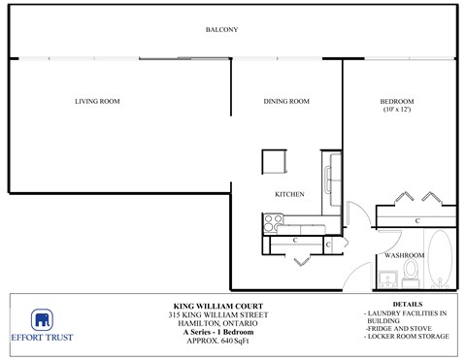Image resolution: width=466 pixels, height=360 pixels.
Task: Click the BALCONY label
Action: point(221,30)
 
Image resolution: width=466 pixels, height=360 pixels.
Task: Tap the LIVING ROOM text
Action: point(97,101)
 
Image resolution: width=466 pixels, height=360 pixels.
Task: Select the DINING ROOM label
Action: point(286,101)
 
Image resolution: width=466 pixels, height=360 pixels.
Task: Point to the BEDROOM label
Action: point(397,101)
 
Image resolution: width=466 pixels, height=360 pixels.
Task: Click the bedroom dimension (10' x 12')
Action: point(397,110)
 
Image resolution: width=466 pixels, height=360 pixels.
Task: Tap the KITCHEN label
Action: point(289,194)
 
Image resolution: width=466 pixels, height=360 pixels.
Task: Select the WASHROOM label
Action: point(403,255)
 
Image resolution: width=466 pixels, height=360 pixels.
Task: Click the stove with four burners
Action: point(272,224)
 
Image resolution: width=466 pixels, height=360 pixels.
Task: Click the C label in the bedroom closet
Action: point(416,221)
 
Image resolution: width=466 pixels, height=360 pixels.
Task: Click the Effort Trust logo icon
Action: point(42,321)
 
